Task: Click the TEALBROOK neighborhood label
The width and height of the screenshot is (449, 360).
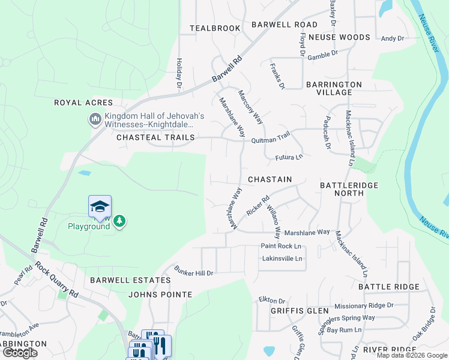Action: pos(215,28)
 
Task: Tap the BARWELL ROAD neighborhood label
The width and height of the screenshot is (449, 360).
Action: pos(284,25)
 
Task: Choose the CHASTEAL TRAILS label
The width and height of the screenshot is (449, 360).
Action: pos(155,137)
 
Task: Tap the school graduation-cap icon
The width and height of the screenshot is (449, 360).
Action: pos(100,207)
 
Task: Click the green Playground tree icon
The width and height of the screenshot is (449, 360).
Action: pos(120,221)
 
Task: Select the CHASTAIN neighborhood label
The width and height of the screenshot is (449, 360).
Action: pos(270,179)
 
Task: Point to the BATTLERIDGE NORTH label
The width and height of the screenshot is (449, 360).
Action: pos(349,189)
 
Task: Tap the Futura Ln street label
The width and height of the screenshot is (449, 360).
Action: pos(289,157)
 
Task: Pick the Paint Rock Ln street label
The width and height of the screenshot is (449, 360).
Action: pos(280,246)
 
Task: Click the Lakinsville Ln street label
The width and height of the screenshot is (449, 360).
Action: pos(282,259)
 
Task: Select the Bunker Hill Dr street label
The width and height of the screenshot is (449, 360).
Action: pos(194,273)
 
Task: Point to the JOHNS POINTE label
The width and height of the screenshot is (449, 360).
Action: pos(160,295)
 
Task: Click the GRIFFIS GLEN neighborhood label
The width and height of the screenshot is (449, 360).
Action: pos(300,311)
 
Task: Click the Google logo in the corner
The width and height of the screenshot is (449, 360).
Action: pos(20,353)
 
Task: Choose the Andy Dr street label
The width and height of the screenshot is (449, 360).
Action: pos(393,38)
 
